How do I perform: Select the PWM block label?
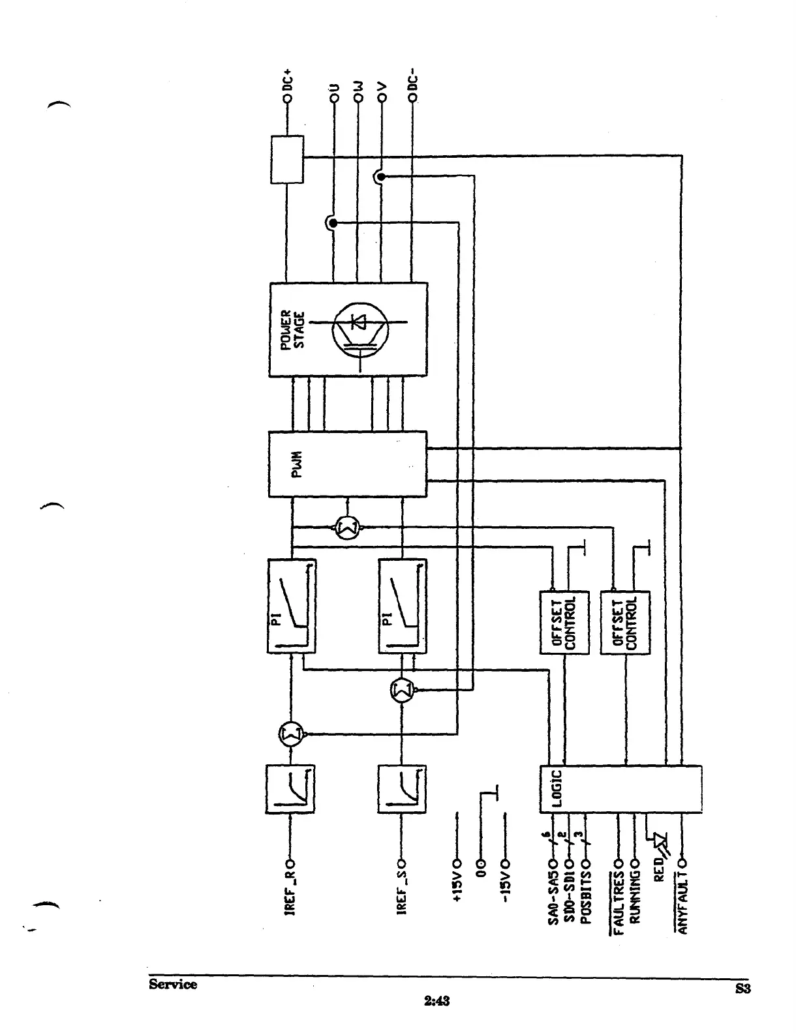(x=295, y=464)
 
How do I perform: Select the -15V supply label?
(x=505, y=886)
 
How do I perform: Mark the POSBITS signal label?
(x=585, y=893)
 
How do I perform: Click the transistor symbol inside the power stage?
(x=360, y=330)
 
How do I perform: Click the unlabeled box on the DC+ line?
(x=287, y=159)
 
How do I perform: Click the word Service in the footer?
(x=172, y=984)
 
